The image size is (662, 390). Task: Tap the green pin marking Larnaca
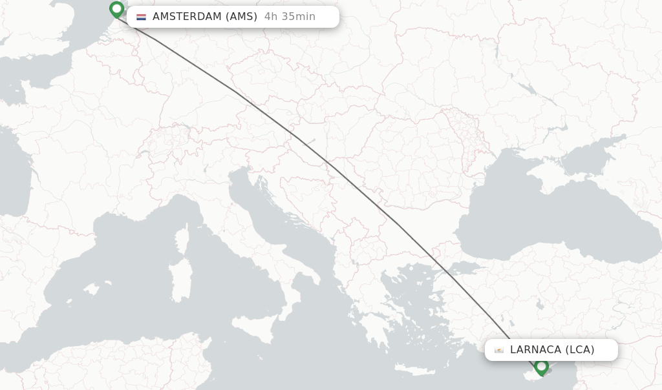coord(542,366)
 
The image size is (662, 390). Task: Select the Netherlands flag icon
coord(141,17)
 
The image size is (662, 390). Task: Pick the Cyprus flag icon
coord(499,350)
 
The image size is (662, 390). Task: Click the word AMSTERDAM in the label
coord(187,17)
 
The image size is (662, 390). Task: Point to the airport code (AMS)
coord(242,17)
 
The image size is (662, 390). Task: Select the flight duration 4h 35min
coord(290,17)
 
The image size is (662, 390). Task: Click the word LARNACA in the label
coord(535,350)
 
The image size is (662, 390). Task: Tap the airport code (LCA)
coord(580,350)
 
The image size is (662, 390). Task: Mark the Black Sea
coord(550,220)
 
